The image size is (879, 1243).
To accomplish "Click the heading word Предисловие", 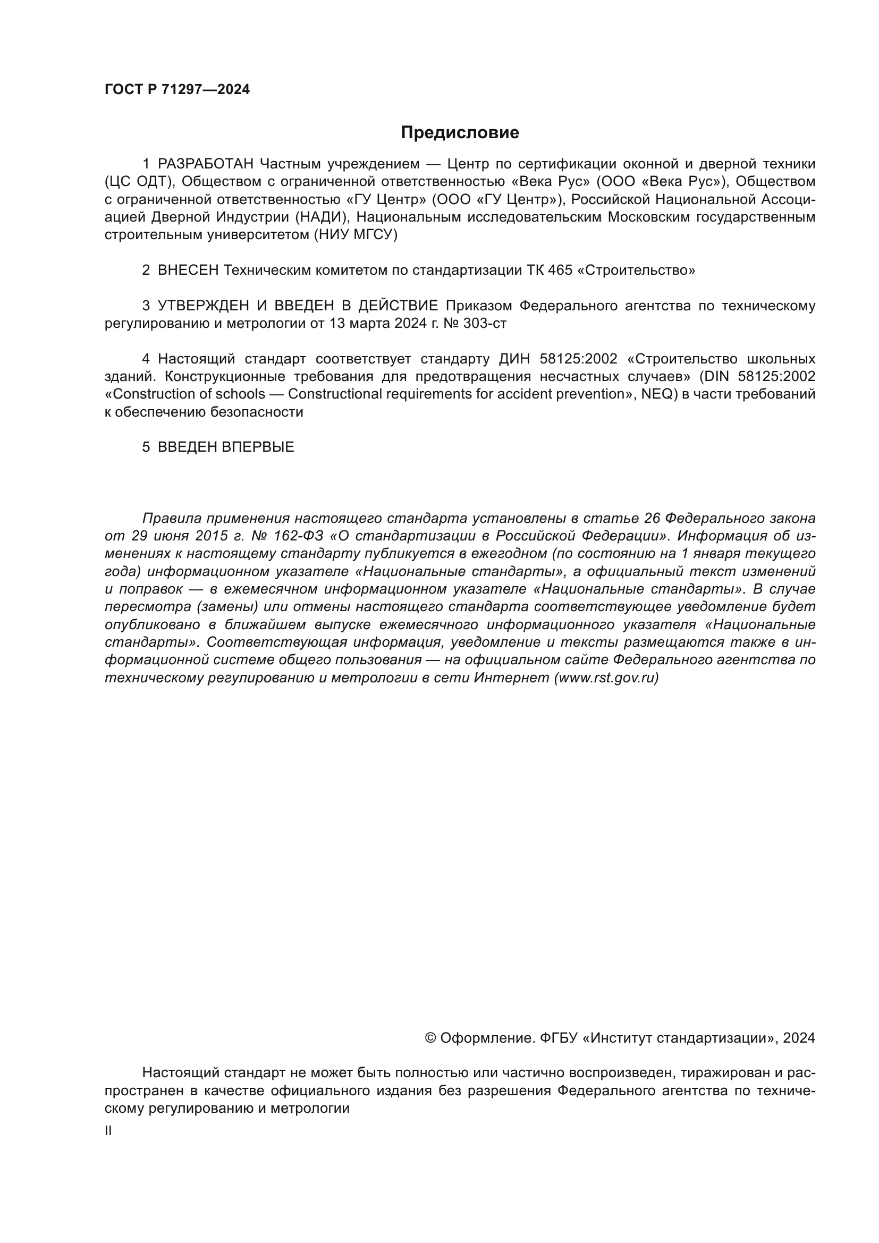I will click(460, 133).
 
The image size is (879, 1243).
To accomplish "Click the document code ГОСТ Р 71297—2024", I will click(177, 89).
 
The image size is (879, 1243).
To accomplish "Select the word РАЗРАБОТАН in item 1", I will click(205, 164).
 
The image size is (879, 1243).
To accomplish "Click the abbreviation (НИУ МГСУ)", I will click(355, 235).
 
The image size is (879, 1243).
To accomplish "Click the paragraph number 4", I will click(146, 359).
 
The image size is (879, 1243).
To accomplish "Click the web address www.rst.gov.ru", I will click(606, 678).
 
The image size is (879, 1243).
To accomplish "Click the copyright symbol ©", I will click(430, 1038).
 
